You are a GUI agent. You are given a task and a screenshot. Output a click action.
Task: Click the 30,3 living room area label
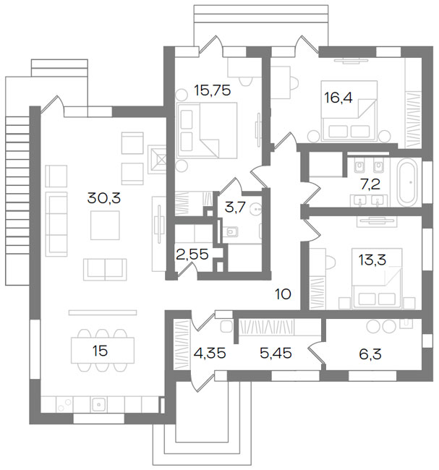coord(103,198)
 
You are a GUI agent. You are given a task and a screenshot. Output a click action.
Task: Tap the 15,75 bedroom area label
coord(213,90)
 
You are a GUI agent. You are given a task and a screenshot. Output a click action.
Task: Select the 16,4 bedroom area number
coord(338,98)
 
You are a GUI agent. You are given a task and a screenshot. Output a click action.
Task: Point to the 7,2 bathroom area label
coord(370,184)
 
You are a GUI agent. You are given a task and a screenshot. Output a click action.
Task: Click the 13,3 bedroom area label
coord(372,260)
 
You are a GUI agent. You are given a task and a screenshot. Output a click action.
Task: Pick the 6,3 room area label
coord(370,354)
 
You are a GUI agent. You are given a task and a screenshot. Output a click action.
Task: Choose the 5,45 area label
coord(276,353)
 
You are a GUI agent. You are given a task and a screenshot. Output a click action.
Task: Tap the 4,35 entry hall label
coord(210,353)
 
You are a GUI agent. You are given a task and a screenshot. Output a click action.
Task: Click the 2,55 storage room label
coord(192,255)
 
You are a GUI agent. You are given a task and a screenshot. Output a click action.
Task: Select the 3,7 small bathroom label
coord(235,207)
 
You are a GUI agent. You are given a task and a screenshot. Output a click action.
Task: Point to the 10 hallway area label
coord(283,294)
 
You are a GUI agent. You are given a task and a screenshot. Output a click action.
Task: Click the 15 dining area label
coord(100,351)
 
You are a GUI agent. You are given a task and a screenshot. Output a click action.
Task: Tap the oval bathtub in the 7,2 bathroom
coord(407,182)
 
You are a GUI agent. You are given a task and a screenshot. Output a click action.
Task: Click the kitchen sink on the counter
coord(98,404)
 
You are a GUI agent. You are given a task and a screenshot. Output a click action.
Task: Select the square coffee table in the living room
coord(105,225)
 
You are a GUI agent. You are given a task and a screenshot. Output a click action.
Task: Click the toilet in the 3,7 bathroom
coord(231,231)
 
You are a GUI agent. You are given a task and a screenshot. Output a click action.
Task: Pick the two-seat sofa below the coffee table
coord(105,270)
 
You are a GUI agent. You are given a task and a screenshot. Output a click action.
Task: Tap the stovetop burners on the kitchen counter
coord(65,405)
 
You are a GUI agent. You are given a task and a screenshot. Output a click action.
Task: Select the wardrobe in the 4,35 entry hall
coord(182,345)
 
